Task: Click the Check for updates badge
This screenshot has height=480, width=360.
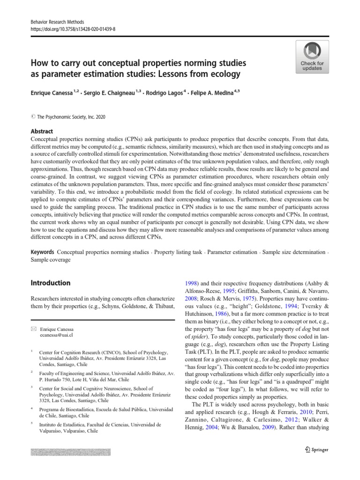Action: point(312,56)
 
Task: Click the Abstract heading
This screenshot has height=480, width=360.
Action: point(42,132)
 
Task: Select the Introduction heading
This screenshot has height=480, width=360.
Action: point(50,283)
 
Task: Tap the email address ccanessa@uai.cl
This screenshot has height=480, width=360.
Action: point(57,336)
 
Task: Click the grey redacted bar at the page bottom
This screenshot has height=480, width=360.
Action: point(70,452)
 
